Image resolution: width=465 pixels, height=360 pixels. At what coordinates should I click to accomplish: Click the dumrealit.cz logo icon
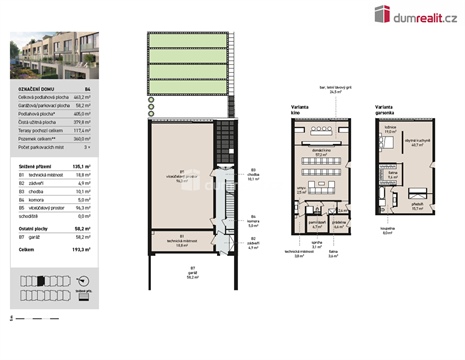[382, 13]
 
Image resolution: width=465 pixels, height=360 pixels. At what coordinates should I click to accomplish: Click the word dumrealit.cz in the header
[421, 14]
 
